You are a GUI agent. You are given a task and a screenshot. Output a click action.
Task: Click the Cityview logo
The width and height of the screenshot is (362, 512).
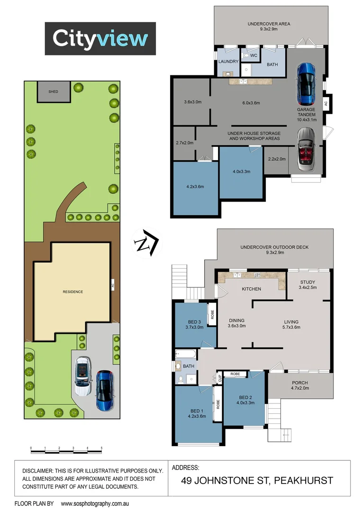[100, 38]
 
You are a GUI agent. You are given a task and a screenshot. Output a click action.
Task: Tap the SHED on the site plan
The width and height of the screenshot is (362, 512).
[53, 91]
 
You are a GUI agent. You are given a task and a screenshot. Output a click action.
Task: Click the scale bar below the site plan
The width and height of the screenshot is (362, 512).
[66, 450]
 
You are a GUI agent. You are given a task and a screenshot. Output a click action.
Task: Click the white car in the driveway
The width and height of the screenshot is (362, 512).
[83, 376]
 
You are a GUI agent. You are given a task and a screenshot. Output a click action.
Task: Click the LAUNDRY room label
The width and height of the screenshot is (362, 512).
[228, 62]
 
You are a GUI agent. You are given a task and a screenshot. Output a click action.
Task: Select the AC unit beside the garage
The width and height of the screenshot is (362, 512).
[326, 102]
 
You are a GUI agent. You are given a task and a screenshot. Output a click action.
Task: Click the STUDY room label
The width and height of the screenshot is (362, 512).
[308, 282]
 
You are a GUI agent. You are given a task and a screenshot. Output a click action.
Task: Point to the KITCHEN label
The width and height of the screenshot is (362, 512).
[252, 289]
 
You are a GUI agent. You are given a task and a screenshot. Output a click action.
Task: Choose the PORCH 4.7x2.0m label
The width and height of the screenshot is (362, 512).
[300, 386]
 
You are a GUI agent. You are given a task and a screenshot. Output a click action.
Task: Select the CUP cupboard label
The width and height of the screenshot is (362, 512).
[220, 378]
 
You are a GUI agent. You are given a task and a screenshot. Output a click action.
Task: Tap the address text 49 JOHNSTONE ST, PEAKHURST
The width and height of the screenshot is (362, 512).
[257, 481]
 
